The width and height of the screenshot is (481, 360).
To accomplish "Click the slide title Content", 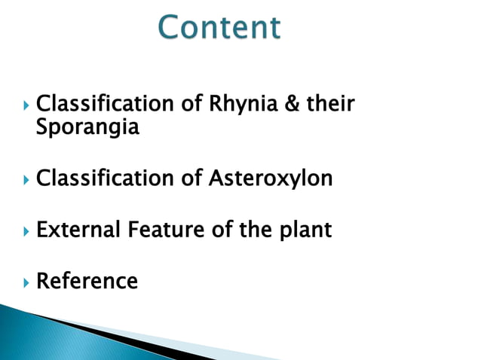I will [x=219, y=28].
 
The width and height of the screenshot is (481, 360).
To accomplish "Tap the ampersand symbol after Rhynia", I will [x=293, y=104].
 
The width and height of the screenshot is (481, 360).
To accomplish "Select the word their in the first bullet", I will [x=329, y=104].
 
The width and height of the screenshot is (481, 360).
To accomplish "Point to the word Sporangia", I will [x=87, y=128].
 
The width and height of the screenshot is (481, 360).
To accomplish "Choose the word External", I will [x=78, y=230].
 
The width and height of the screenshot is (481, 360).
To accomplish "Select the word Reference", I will [x=87, y=282].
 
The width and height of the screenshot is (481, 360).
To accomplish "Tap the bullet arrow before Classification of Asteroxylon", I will [x=26, y=180].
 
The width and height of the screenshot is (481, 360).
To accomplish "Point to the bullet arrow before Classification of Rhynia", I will [x=26, y=105].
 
